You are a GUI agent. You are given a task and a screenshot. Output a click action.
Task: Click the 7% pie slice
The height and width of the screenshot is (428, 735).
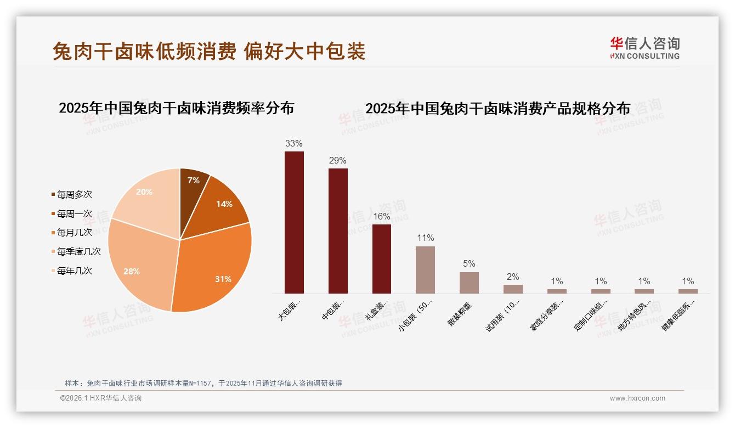(193, 184)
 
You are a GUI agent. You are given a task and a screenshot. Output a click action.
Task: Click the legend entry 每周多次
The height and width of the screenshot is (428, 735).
(74, 195)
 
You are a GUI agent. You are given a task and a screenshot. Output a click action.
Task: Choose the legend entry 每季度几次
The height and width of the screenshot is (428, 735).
(78, 251)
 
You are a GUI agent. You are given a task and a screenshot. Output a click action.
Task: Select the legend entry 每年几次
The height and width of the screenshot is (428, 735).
(74, 271)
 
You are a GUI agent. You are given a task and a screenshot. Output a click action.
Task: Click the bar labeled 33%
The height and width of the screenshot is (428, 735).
(294, 222)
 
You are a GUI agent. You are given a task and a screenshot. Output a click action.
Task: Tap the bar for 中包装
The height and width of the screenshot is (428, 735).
(338, 230)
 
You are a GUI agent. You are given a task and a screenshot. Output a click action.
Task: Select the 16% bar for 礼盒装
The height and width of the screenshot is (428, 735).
(382, 258)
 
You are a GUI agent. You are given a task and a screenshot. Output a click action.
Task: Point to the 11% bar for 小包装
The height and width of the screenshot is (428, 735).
(425, 269)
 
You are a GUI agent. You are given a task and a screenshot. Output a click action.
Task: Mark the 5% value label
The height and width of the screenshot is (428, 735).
(469, 263)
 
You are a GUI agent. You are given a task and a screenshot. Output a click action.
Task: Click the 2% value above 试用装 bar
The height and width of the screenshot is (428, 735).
(513, 277)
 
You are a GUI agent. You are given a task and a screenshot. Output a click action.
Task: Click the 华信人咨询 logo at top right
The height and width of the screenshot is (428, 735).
(644, 48)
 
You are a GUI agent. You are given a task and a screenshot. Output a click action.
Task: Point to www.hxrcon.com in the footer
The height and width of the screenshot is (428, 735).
(637, 398)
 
